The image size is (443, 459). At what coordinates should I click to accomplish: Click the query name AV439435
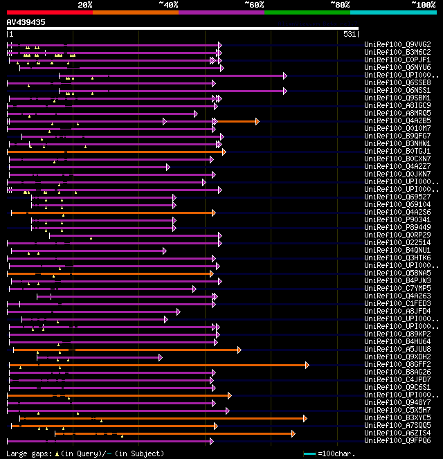(x=26, y=22)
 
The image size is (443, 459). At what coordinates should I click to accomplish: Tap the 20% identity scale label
(x=85, y=5)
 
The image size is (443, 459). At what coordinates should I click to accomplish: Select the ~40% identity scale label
(x=168, y=5)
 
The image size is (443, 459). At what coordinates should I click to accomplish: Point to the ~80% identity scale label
(x=340, y=5)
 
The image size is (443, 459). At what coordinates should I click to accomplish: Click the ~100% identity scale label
(x=424, y=5)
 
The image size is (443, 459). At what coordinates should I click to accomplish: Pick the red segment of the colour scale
(x=49, y=12)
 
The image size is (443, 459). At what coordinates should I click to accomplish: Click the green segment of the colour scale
(x=307, y=12)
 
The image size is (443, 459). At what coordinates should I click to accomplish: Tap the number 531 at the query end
(x=350, y=34)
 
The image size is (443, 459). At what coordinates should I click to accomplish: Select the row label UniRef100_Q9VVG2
(x=397, y=44)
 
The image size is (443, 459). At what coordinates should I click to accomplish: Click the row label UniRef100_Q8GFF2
(x=397, y=364)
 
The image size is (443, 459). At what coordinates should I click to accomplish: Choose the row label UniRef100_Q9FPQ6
(x=397, y=440)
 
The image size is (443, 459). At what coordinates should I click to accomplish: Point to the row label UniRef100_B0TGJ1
(x=397, y=151)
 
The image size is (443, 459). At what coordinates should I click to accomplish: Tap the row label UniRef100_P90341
(x=397, y=219)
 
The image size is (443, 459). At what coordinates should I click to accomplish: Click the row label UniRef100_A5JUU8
(x=397, y=349)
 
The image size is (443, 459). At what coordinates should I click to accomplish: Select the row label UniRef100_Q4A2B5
(x=397, y=120)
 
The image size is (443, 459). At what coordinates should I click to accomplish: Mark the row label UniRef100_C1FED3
(x=397, y=303)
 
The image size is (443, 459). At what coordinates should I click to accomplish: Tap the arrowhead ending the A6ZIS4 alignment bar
(x=293, y=433)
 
